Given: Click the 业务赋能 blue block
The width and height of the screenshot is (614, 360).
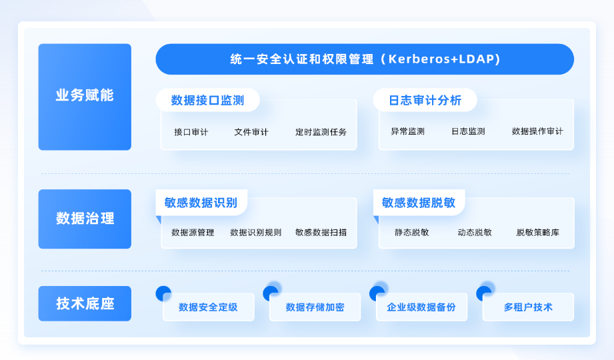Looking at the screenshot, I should pyautogui.click(x=85, y=97).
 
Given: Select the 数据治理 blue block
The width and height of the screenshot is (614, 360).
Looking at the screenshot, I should pyautogui.click(x=85, y=219).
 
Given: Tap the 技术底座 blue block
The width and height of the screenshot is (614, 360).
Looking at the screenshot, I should pyautogui.click(x=85, y=304).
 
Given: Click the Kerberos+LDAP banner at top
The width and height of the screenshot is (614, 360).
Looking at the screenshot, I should pyautogui.click(x=365, y=59).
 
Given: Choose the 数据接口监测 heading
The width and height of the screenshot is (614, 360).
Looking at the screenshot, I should pyautogui.click(x=207, y=101).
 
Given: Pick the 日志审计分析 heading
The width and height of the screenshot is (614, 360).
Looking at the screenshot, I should pyautogui.click(x=425, y=101).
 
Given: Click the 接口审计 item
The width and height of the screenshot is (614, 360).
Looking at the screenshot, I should pyautogui.click(x=191, y=132).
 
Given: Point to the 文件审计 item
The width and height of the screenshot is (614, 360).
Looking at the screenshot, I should pyautogui.click(x=251, y=132).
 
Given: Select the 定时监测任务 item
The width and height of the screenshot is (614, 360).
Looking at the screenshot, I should pyautogui.click(x=321, y=132).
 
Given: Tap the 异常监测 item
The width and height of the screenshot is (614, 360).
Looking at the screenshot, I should pyautogui.click(x=407, y=132).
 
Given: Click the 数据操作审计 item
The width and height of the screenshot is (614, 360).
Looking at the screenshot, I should pyautogui.click(x=537, y=132).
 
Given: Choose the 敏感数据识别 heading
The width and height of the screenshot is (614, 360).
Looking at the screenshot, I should pyautogui.click(x=201, y=203).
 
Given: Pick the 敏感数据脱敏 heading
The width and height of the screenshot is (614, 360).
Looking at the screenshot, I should pyautogui.click(x=419, y=203).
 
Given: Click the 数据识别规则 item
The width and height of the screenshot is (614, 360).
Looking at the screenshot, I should pyautogui.click(x=255, y=233).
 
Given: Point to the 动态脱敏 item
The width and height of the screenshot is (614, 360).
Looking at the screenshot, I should pyautogui.click(x=475, y=233).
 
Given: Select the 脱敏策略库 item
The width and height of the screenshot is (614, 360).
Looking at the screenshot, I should pyautogui.click(x=537, y=233).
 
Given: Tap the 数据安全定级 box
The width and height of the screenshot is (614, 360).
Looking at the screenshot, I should pyautogui.click(x=208, y=307).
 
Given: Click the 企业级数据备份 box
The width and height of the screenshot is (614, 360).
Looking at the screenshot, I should pyautogui.click(x=421, y=307).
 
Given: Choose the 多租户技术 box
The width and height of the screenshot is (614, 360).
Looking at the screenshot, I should pyautogui.click(x=528, y=307).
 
